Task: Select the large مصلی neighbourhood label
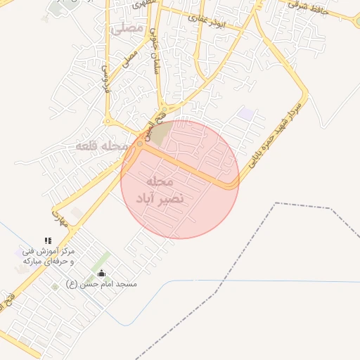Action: (x=127, y=29)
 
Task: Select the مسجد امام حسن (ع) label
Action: (x=101, y=284)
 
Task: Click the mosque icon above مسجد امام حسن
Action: (x=101, y=274)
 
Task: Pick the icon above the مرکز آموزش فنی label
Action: (x=48, y=240)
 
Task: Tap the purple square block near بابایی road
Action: (x=245, y=114)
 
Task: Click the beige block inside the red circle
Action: (x=161, y=134)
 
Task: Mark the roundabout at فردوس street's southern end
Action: (x=140, y=143)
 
